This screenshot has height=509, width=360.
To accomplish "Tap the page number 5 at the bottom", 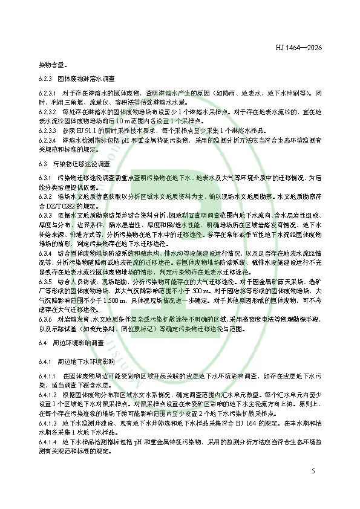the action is coord(313,470).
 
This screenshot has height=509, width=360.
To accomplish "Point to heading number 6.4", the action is coord(42,342).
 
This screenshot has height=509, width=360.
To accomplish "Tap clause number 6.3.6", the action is coord(45,319).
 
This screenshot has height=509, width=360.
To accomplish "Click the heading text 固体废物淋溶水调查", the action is coord(83,79).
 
